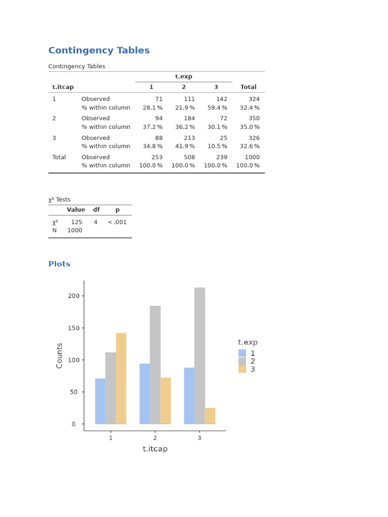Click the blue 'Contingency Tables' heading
coord(99,50)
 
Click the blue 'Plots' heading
coord(59,264)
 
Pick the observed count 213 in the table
coord(189,138)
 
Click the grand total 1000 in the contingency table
coord(252,157)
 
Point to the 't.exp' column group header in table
coord(183,77)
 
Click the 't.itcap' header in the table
coord(63,87)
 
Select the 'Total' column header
coord(248,87)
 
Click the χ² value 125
coord(76,222)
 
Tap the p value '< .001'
coord(117,222)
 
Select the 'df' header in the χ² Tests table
coord(96,210)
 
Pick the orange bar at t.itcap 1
coord(121,378)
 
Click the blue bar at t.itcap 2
coord(144,393)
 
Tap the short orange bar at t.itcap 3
coord(210,416)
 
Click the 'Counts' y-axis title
coord(60,355)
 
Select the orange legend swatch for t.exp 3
coord(243,369)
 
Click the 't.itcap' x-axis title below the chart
coord(155,449)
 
